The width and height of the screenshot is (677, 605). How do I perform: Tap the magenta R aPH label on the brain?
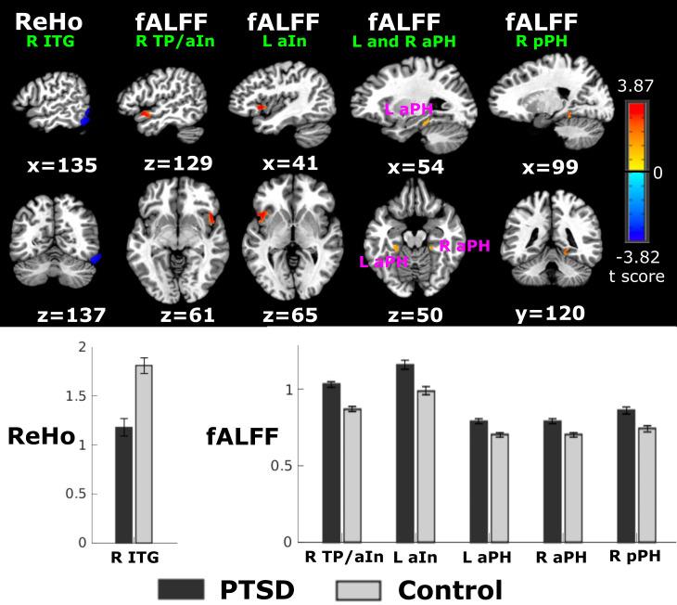pos(464,245)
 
